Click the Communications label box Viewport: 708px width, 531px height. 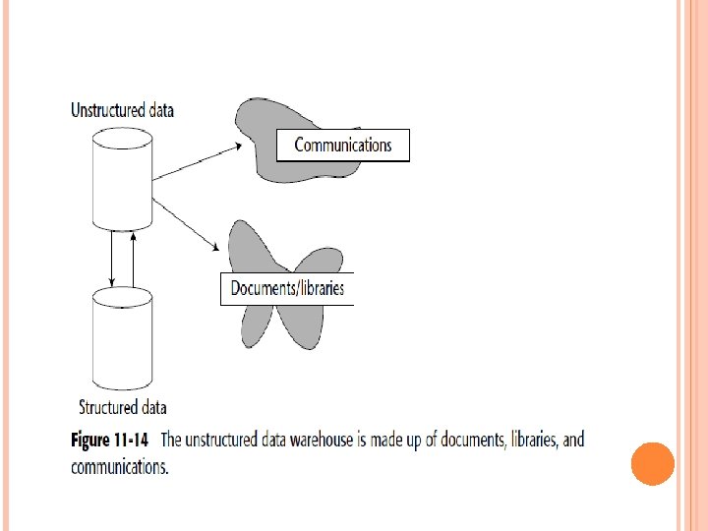tap(343, 146)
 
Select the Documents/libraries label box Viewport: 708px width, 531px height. tap(286, 289)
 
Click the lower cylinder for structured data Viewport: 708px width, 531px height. tap(121, 339)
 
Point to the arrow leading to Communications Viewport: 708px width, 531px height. tap(197, 161)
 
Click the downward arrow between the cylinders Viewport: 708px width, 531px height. tap(112, 258)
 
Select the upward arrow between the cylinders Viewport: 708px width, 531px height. tap(132, 258)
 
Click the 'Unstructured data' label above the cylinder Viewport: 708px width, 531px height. tap(122, 110)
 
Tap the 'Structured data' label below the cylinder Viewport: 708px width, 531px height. tap(122, 407)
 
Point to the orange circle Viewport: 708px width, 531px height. tap(652, 463)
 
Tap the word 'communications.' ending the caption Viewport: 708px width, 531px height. tap(120, 467)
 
